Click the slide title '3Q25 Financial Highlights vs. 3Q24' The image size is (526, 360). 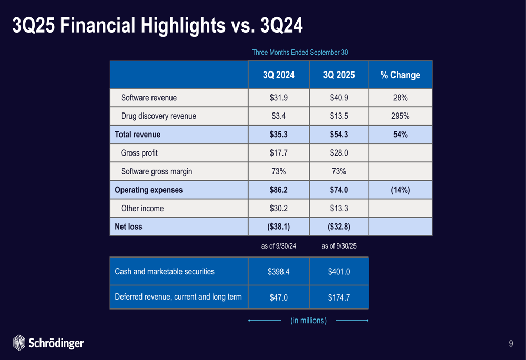pos(157,25)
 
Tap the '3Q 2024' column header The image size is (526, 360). pos(278,75)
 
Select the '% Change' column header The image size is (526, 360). pos(400,75)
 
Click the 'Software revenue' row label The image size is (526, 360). pos(149,98)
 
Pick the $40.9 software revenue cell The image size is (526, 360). pos(339,98)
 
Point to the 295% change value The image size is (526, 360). pos(400,116)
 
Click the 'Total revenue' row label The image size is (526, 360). pos(138,135)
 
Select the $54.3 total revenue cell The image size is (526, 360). pos(339,135)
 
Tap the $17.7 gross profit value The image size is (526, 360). pos(278,153)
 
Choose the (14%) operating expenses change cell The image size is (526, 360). pos(400,190)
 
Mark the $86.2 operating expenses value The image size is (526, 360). pos(278,190)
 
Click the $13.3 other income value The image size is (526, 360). pos(339,208)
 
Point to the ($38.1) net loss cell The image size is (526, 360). pos(278,227)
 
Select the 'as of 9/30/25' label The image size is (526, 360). pos(339,246)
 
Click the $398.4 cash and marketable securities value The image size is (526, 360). pos(278,272)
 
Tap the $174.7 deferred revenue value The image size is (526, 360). pos(339,297)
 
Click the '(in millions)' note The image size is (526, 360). pos(308,320)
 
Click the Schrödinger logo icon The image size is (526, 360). pos(19,343)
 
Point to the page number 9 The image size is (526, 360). pos(511,344)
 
